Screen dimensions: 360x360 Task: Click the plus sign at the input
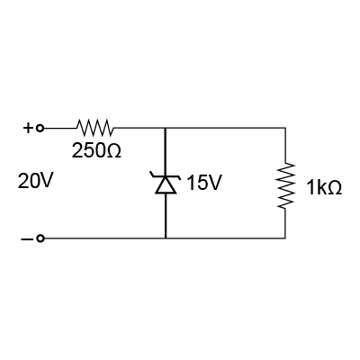click(x=27, y=129)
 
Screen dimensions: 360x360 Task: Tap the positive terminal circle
click(x=40, y=129)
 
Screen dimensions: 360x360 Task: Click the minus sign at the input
click(x=25, y=239)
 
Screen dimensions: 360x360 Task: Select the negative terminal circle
click(x=40, y=238)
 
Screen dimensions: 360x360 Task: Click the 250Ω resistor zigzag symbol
click(x=95, y=128)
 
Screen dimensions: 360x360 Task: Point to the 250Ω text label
click(x=96, y=150)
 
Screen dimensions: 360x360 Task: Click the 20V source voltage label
click(x=35, y=181)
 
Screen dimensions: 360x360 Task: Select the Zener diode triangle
click(x=166, y=184)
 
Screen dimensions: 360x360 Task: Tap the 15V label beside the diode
click(x=204, y=183)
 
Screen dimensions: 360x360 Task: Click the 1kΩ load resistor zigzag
click(x=285, y=185)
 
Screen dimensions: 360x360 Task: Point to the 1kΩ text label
click(x=324, y=188)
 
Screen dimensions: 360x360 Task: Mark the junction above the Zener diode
click(x=166, y=128)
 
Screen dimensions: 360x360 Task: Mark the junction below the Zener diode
click(x=166, y=238)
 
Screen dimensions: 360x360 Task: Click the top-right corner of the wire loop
click(x=285, y=128)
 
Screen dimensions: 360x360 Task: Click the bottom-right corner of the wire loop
click(x=285, y=238)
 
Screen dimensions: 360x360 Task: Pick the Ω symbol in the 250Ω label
click(x=114, y=150)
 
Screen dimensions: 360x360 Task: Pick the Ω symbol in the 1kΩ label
click(x=334, y=188)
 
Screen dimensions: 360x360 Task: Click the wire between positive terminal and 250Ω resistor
click(x=60, y=129)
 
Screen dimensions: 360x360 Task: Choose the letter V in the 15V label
click(x=214, y=183)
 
